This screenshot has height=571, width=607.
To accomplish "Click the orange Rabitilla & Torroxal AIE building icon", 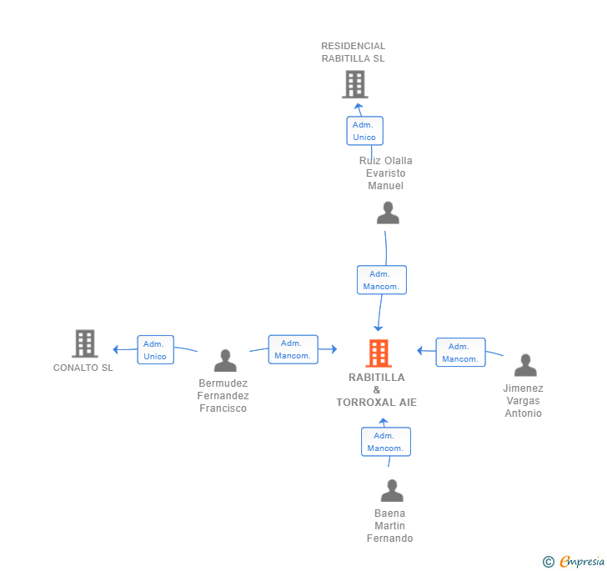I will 378,353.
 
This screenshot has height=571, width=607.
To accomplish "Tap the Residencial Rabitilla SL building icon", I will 354,84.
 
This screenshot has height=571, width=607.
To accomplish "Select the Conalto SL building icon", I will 84,343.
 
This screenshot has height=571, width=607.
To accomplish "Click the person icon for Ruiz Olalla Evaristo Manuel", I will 388,213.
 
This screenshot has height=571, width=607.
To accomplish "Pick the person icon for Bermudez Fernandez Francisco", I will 225,360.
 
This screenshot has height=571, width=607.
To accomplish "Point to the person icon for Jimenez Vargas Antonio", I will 525,365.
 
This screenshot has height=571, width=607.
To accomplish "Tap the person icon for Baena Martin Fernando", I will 391,490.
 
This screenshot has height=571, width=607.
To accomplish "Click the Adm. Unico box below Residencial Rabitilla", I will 364,131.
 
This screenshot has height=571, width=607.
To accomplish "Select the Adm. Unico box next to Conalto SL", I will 155,350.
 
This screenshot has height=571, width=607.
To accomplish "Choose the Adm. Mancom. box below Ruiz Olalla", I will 381,280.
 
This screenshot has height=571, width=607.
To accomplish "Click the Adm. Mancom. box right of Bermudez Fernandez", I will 293,349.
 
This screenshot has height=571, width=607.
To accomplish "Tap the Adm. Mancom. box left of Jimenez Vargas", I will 460,353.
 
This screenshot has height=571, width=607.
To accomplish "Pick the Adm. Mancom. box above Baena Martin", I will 385,442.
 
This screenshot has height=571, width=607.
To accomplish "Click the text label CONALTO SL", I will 83,368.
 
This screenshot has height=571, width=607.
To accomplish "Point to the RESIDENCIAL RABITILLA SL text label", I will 354,53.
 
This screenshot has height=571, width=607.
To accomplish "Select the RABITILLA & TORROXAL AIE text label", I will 377,390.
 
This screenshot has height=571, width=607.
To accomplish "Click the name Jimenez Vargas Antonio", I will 523,401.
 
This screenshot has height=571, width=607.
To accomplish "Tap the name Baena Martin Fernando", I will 390,526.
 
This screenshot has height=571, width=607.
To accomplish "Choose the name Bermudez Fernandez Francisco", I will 223,396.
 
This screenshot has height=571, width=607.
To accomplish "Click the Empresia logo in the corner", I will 574,562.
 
